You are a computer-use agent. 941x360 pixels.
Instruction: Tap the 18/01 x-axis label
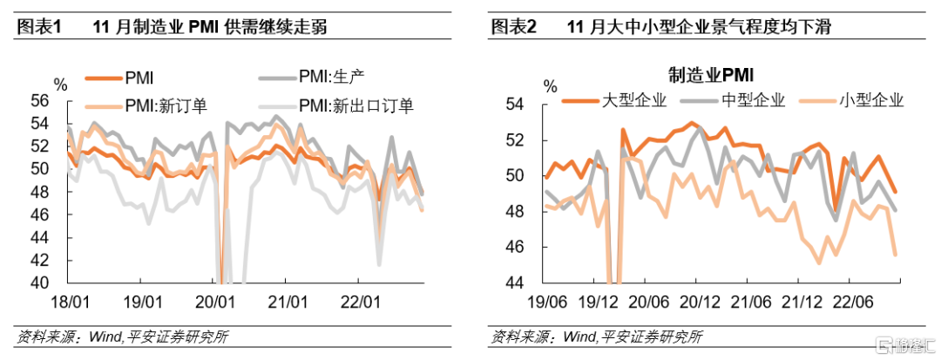[69, 302]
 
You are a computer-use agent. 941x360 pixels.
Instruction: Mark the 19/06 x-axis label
[547, 302]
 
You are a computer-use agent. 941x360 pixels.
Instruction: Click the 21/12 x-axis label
[792, 302]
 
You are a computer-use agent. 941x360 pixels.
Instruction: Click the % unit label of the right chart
[550, 85]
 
